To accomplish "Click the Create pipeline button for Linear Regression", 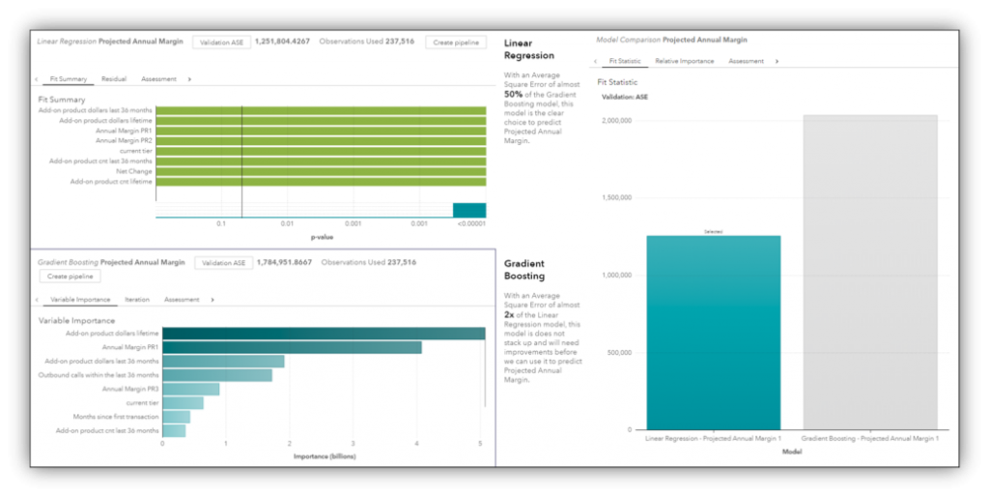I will click(456, 43).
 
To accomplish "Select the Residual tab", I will click(114, 78).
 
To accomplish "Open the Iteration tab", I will click(137, 300).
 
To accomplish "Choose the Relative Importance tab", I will click(684, 61).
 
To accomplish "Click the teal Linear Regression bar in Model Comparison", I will click(714, 333).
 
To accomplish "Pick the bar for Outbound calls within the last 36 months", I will click(217, 375).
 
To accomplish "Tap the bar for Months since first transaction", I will click(176, 417).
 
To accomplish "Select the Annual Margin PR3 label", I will click(131, 389).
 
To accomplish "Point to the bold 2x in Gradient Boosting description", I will click(509, 314).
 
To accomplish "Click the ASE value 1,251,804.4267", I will click(282, 43).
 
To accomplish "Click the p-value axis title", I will click(322, 237).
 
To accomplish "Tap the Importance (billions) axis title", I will click(322, 455).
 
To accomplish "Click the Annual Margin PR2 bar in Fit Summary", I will click(320, 140).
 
